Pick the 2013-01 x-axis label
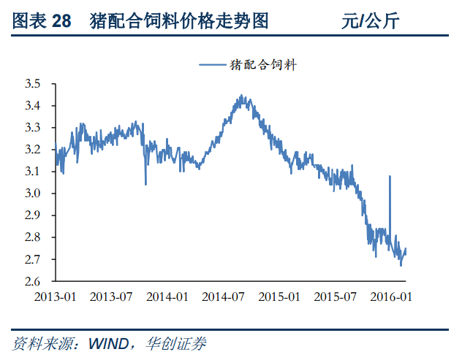(x=56, y=297)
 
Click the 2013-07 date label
(x=111, y=297)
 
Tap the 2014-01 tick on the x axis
(x=167, y=297)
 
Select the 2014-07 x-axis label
(x=223, y=297)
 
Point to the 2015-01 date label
(x=279, y=297)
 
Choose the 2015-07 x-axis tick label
(x=335, y=297)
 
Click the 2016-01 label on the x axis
(x=390, y=297)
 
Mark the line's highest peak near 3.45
(x=241, y=96)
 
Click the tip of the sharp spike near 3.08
(x=390, y=176)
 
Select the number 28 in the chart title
(x=62, y=21)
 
